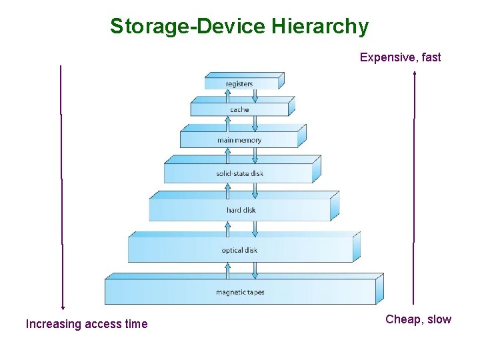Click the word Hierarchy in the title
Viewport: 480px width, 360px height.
tap(320, 27)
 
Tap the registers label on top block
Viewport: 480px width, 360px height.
tap(239, 84)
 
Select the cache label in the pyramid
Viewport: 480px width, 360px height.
tap(239, 109)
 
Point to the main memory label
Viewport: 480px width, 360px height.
tap(239, 141)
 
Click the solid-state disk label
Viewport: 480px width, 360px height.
tap(239, 174)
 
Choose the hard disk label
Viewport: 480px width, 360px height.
tap(241, 211)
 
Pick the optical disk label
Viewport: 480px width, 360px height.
tap(239, 251)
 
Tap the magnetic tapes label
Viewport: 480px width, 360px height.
tap(240, 293)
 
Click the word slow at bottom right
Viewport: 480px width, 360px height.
tap(439, 319)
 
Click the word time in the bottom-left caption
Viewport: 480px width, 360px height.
tap(136, 325)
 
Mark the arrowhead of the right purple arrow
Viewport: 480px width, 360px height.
tap(415, 73)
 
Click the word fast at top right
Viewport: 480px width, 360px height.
tap(431, 57)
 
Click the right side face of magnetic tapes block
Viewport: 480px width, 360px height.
tap(380, 288)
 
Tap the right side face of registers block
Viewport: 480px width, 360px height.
tap(281, 81)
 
